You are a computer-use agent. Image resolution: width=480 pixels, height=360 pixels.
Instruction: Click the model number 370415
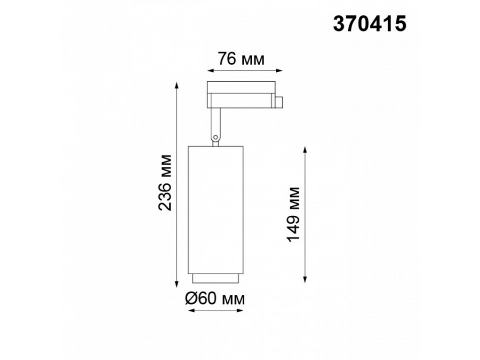pyautogui.click(x=370, y=24)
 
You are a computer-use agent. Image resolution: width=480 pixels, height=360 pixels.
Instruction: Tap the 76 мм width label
pyautogui.click(x=241, y=59)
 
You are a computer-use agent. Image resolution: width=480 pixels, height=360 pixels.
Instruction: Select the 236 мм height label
pyautogui.click(x=165, y=183)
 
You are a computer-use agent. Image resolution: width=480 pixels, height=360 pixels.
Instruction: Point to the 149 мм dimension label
pyautogui.click(x=293, y=214)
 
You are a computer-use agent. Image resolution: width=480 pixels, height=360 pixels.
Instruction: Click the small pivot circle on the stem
pyautogui.click(x=215, y=137)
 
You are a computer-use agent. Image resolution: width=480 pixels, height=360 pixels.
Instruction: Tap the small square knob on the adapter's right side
pyautogui.click(x=279, y=102)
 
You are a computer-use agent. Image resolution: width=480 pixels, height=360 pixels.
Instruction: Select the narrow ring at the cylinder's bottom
pyautogui.click(x=215, y=278)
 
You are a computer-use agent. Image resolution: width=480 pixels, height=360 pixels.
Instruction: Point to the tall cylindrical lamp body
pyautogui.click(x=215, y=210)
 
